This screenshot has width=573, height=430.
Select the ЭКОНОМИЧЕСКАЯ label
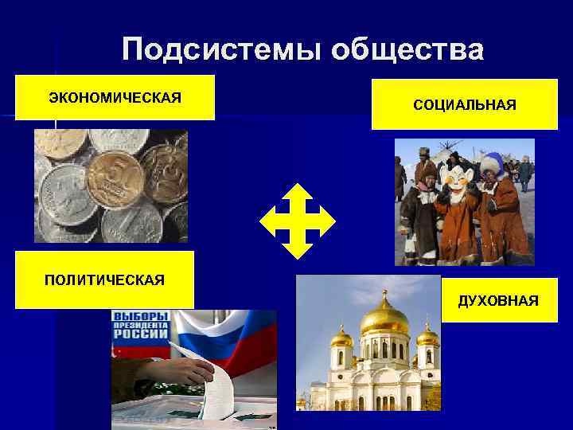115,97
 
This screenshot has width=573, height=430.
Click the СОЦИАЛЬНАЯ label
464,104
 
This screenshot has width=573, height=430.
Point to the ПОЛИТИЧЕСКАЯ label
104,279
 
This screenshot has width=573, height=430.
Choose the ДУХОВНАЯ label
497,300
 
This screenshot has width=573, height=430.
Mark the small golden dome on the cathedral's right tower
427,335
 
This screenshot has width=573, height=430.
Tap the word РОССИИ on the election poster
142,337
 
